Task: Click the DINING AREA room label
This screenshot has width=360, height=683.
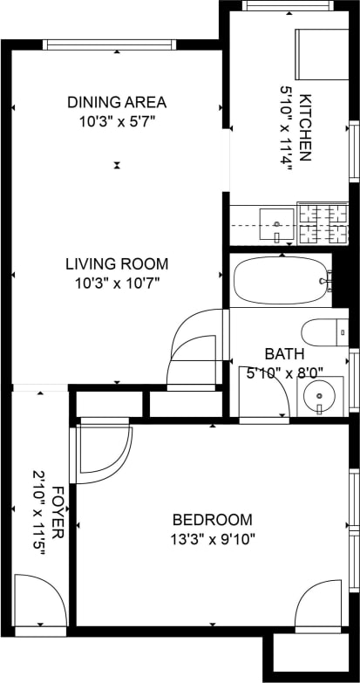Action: coord(117,102)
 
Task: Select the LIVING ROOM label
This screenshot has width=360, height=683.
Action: coord(117,263)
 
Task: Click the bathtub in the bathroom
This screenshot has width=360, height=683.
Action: coord(281,279)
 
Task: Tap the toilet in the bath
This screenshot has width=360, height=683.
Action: coord(323,332)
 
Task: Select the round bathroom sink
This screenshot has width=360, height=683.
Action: coord(320,396)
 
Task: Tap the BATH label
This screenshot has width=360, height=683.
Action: coord(284,354)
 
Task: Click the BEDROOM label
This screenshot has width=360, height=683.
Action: coord(213,519)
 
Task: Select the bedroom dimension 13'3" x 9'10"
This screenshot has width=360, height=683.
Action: coord(213,538)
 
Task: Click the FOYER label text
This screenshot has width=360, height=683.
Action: coord(58,512)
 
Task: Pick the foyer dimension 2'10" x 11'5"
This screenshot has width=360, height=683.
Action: coord(37,512)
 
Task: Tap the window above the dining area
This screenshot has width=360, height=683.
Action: coord(110,44)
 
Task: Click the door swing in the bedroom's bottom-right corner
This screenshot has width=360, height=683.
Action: coord(319,605)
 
